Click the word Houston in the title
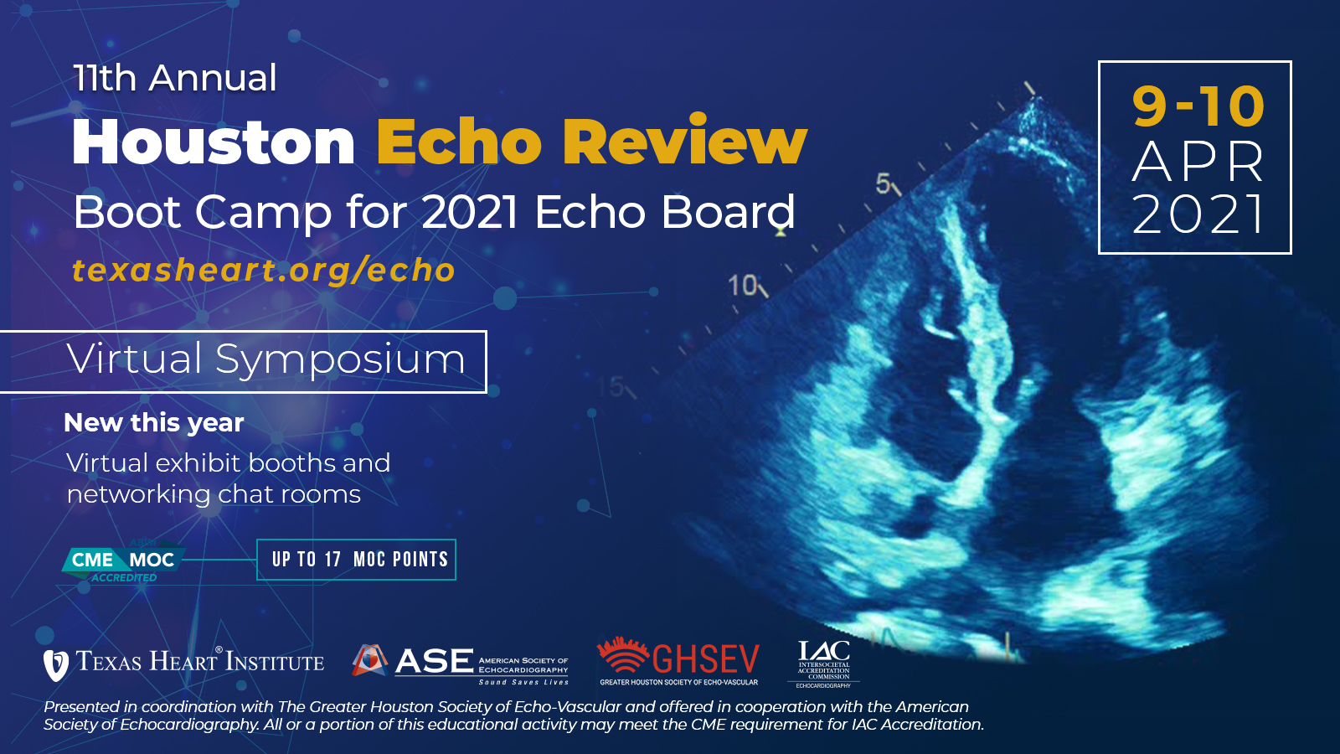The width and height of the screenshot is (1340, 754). pyautogui.click(x=214, y=142)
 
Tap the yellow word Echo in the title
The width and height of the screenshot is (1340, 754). pyautogui.click(x=459, y=142)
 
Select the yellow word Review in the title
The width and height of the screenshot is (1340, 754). pyautogui.click(x=684, y=142)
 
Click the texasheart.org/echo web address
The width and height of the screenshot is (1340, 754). pyautogui.click(x=264, y=271)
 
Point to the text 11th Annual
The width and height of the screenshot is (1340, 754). pyautogui.click(x=174, y=79)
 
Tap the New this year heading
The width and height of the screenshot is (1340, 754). pyautogui.click(x=154, y=423)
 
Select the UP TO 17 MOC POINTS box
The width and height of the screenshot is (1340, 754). pyautogui.click(x=357, y=560)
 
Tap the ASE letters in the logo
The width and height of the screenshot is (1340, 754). pyautogui.click(x=434, y=662)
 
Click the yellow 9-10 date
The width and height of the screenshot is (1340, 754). pyautogui.click(x=1198, y=106)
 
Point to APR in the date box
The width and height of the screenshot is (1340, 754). pyautogui.click(x=1198, y=163)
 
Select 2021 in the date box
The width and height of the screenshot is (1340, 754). pyautogui.click(x=1198, y=215)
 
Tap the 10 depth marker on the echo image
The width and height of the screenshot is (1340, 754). pyautogui.click(x=742, y=286)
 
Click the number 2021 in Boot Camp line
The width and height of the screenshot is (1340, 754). pyautogui.click(x=470, y=213)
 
